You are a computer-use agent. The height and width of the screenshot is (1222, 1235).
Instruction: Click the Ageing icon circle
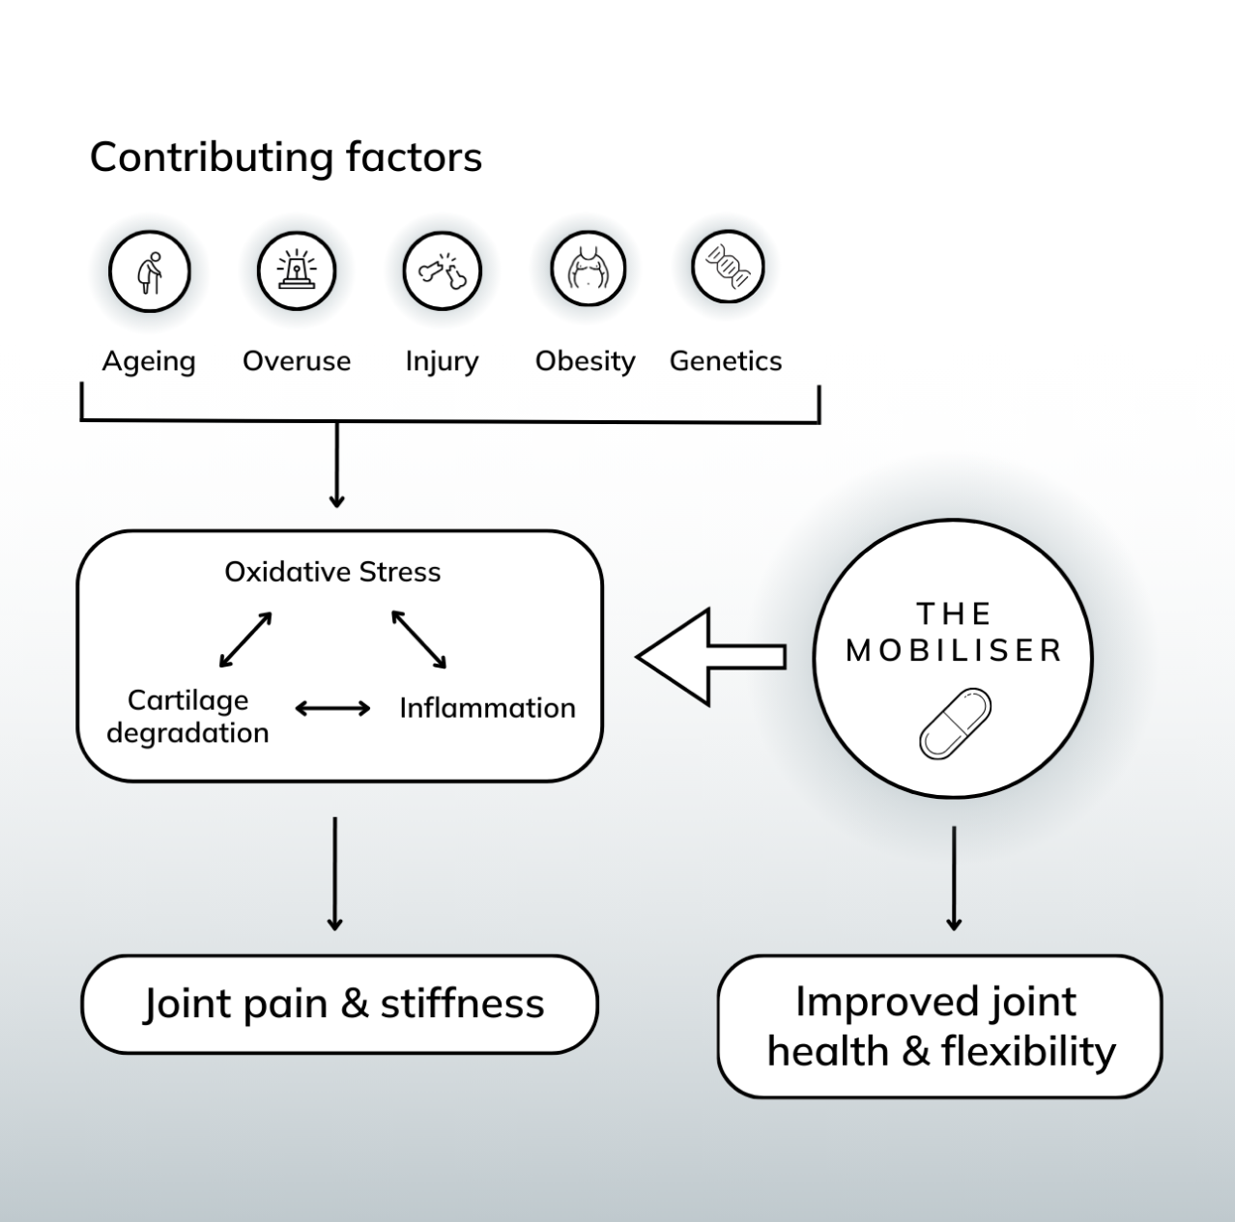[x=150, y=271]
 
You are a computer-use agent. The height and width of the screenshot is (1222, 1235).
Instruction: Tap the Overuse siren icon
[x=296, y=270]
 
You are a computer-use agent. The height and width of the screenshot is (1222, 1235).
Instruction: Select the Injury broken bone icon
[x=442, y=270]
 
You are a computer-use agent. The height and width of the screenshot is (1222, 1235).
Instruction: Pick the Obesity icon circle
[x=588, y=269]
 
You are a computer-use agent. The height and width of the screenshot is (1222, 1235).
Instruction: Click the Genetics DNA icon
[x=728, y=266]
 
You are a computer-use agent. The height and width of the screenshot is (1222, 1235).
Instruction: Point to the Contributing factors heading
[x=286, y=157]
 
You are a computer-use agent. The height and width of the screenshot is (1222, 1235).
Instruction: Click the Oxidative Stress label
[x=332, y=572]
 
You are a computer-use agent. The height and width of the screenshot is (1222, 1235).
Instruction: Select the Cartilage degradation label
[x=187, y=716]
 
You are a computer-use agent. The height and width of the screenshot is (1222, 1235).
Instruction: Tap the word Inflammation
[x=487, y=708]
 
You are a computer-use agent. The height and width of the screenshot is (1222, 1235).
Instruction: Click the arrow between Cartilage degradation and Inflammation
[x=332, y=709]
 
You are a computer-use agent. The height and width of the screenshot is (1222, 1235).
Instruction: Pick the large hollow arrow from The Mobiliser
[x=710, y=657]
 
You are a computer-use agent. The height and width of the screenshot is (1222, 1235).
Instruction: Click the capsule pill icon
[x=955, y=724]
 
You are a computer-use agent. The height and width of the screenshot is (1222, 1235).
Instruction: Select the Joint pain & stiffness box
[x=340, y=1004]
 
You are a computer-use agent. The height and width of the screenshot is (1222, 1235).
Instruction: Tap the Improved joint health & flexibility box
[x=939, y=1026]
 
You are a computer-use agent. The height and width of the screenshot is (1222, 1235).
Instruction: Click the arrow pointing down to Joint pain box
[x=334, y=873]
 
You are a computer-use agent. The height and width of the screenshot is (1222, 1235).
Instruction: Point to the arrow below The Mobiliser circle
[x=954, y=877]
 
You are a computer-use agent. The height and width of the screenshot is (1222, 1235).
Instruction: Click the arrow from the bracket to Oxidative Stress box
[x=336, y=465]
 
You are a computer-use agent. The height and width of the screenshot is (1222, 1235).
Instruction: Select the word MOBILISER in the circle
[x=955, y=650]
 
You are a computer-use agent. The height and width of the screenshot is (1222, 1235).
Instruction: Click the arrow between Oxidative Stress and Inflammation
[x=419, y=639]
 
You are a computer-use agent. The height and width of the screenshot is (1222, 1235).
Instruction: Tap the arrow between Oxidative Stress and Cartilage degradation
[x=245, y=639]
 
